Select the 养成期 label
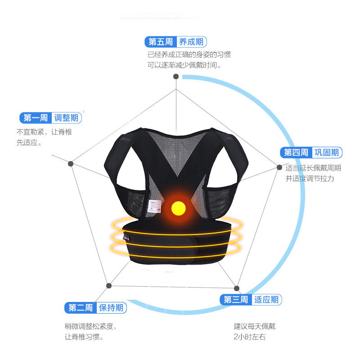[191, 42]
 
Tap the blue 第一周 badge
[36, 118]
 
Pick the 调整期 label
[67, 118]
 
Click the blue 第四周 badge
[296, 152]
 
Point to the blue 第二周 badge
[81, 308]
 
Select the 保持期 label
[111, 308]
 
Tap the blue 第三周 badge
[235, 300]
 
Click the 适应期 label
[266, 300]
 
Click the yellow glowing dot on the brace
[179, 207]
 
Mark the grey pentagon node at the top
[176, 76]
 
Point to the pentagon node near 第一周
[71, 163]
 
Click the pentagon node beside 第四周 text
[279, 167]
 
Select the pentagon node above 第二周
[108, 285]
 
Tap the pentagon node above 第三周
[237, 288]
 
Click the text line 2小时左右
[249, 337]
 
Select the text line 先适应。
[29, 143]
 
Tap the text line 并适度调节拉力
[310, 178]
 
